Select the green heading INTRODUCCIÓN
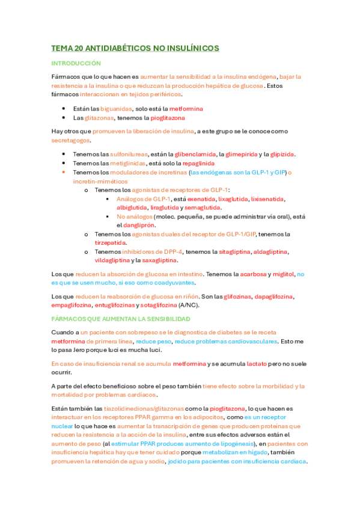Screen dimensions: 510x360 pyautogui.click(x=76, y=63)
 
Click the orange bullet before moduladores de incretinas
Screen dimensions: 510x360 pyautogui.click(x=64, y=173)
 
